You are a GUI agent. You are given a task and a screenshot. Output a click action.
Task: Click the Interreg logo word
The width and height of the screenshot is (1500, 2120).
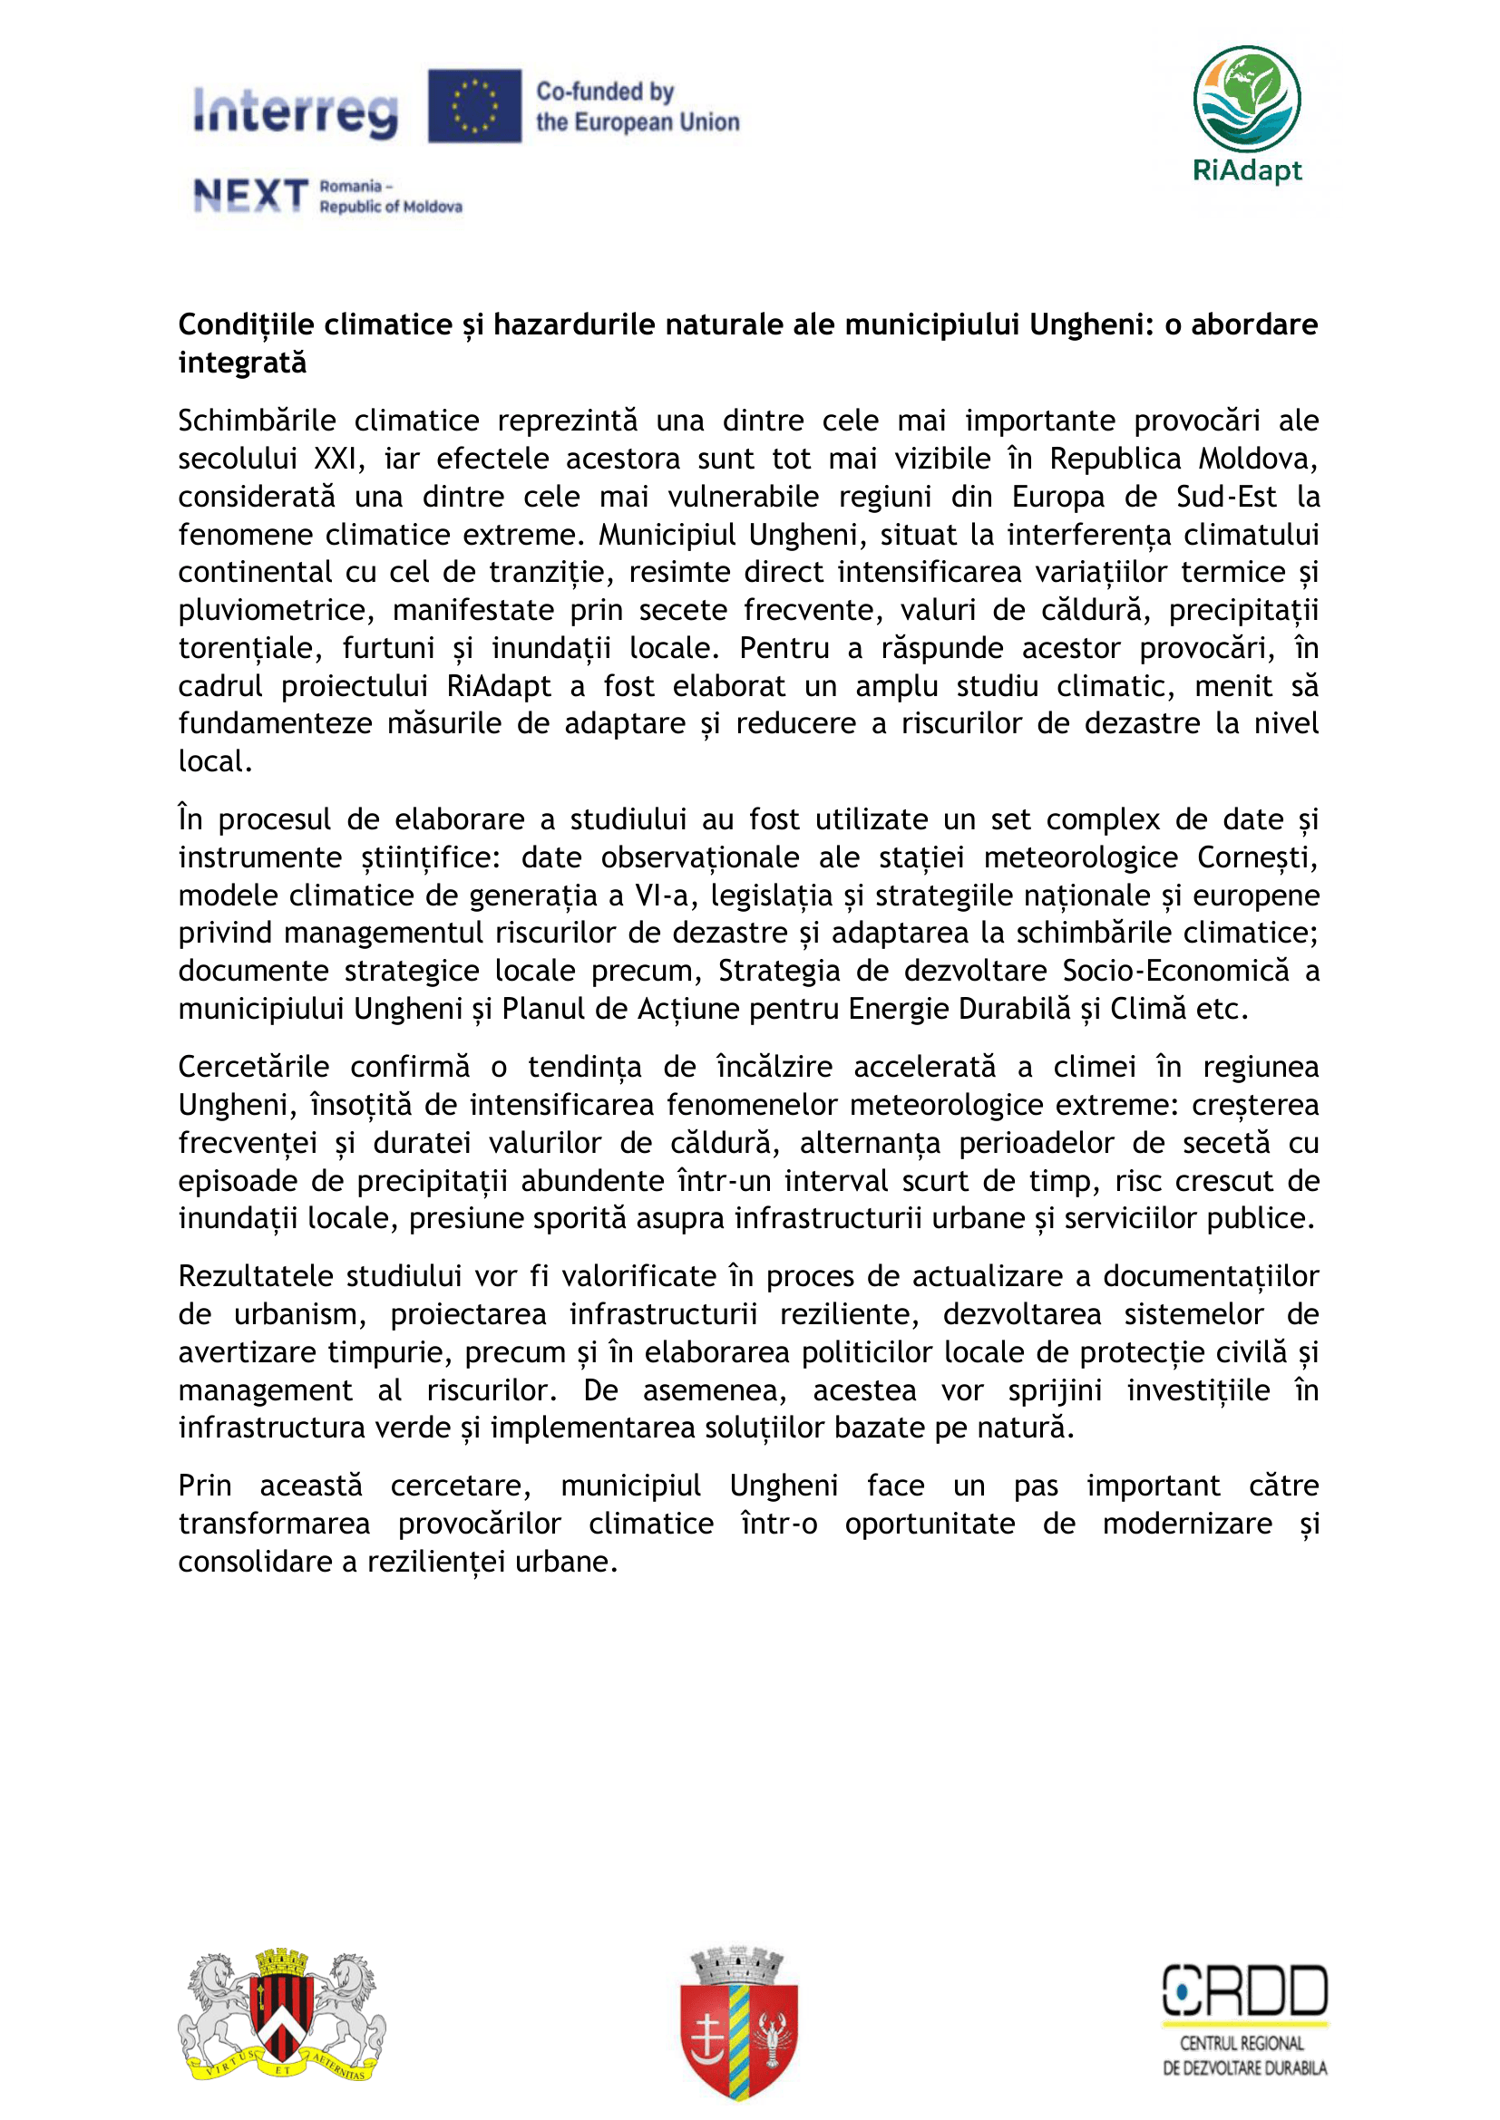(296, 111)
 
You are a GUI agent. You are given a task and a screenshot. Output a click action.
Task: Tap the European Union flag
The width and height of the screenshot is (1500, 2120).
(473, 106)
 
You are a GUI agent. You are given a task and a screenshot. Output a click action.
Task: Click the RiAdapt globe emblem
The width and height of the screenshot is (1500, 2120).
(1246, 99)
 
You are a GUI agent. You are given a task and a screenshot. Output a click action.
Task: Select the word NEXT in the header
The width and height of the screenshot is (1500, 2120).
(250, 196)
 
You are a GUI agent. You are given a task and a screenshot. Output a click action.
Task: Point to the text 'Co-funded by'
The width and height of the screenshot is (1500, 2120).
(605, 92)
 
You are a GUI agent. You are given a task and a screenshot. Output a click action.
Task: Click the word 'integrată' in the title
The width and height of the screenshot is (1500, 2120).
(242, 363)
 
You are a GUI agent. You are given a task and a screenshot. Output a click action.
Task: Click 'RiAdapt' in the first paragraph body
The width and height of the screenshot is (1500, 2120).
(499, 686)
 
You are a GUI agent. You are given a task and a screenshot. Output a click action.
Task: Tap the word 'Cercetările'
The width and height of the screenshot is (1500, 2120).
(254, 1067)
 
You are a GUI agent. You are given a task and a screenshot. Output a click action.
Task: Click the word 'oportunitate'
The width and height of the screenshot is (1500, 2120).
(930, 1523)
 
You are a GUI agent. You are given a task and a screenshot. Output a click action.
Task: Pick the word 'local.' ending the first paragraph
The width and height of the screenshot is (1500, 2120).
(215, 761)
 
